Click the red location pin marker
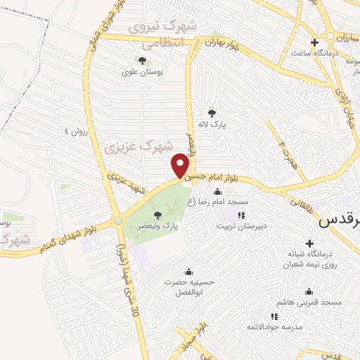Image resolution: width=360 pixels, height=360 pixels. pyautogui.click(x=180, y=165)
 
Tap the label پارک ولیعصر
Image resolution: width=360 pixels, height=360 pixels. pyautogui.click(x=160, y=227)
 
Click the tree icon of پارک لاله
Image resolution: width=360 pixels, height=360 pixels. pyautogui.click(x=212, y=112)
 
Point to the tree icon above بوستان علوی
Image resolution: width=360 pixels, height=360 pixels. pyautogui.click(x=142, y=60)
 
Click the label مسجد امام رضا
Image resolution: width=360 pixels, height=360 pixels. pyautogui.click(x=223, y=202)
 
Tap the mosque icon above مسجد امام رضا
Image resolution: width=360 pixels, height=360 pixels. pyautogui.click(x=217, y=192)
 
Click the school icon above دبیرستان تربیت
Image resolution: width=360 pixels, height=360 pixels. pyautogui.click(x=242, y=215)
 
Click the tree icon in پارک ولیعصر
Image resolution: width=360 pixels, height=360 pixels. pyautogui.click(x=157, y=215)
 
